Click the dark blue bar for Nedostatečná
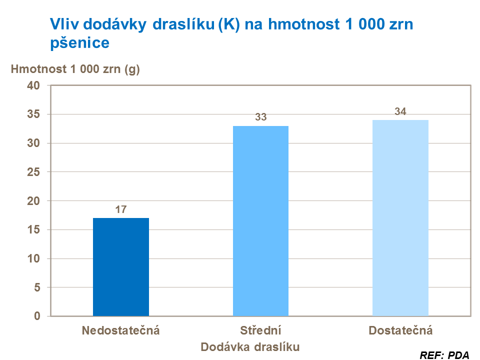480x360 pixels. [121, 267]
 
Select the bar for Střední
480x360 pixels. [260, 221]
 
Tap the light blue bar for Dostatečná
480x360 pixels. [400, 218]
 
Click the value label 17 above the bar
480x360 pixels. [120, 209]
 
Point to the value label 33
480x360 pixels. [260, 117]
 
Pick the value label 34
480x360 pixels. [400, 111]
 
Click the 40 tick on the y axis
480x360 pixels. [33, 85]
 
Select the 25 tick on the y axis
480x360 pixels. [33, 172]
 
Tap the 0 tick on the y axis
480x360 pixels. [36, 316]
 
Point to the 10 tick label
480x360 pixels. [33, 259]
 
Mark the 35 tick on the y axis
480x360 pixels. [33, 114]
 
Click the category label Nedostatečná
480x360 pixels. [120, 330]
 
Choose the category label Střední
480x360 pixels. [260, 330]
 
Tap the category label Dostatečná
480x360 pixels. [400, 330]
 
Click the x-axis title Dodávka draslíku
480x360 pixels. [250, 346]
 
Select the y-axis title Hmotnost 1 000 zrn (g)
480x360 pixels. [75, 69]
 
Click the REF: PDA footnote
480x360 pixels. [444, 355]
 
